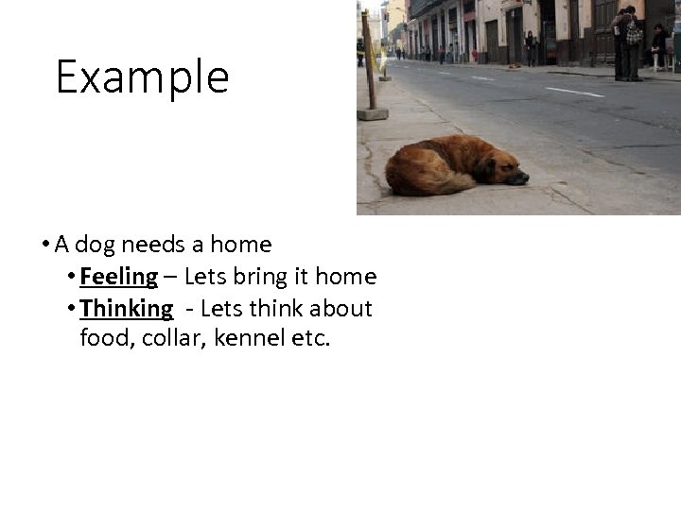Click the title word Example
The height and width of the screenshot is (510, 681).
(142, 77)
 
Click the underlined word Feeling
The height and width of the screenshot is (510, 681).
(119, 277)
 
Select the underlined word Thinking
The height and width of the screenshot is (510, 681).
(127, 309)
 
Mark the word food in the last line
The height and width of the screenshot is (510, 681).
(107, 337)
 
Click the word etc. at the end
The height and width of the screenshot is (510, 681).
(312, 337)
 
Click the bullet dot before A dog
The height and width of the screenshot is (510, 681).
(45, 246)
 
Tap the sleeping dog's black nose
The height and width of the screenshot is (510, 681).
(523, 178)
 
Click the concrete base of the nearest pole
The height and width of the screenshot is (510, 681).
(372, 113)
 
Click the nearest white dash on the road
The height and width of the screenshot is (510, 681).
(573, 92)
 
